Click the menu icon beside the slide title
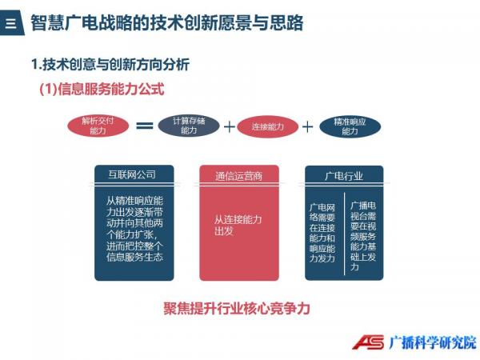[x=10, y=23]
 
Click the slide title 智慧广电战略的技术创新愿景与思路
[x=167, y=22]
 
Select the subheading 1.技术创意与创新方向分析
[x=110, y=64]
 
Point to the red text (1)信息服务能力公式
[x=102, y=89]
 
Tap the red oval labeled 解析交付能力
[x=98, y=126]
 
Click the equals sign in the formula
[x=145, y=126]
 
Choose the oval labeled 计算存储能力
[x=189, y=126]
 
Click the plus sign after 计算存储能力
[x=230, y=126]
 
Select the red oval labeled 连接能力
[x=267, y=126]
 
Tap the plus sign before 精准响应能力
[x=308, y=126]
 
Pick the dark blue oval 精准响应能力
[x=350, y=126]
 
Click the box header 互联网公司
[x=132, y=174]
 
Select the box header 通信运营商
[x=238, y=176]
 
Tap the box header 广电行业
[x=344, y=176]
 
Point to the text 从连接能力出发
[x=238, y=225]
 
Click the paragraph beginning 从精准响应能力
[x=134, y=229]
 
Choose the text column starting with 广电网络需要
[x=322, y=233]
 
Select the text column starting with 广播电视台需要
[x=363, y=236]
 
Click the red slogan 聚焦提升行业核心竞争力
[x=237, y=309]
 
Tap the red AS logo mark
[x=368, y=342]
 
